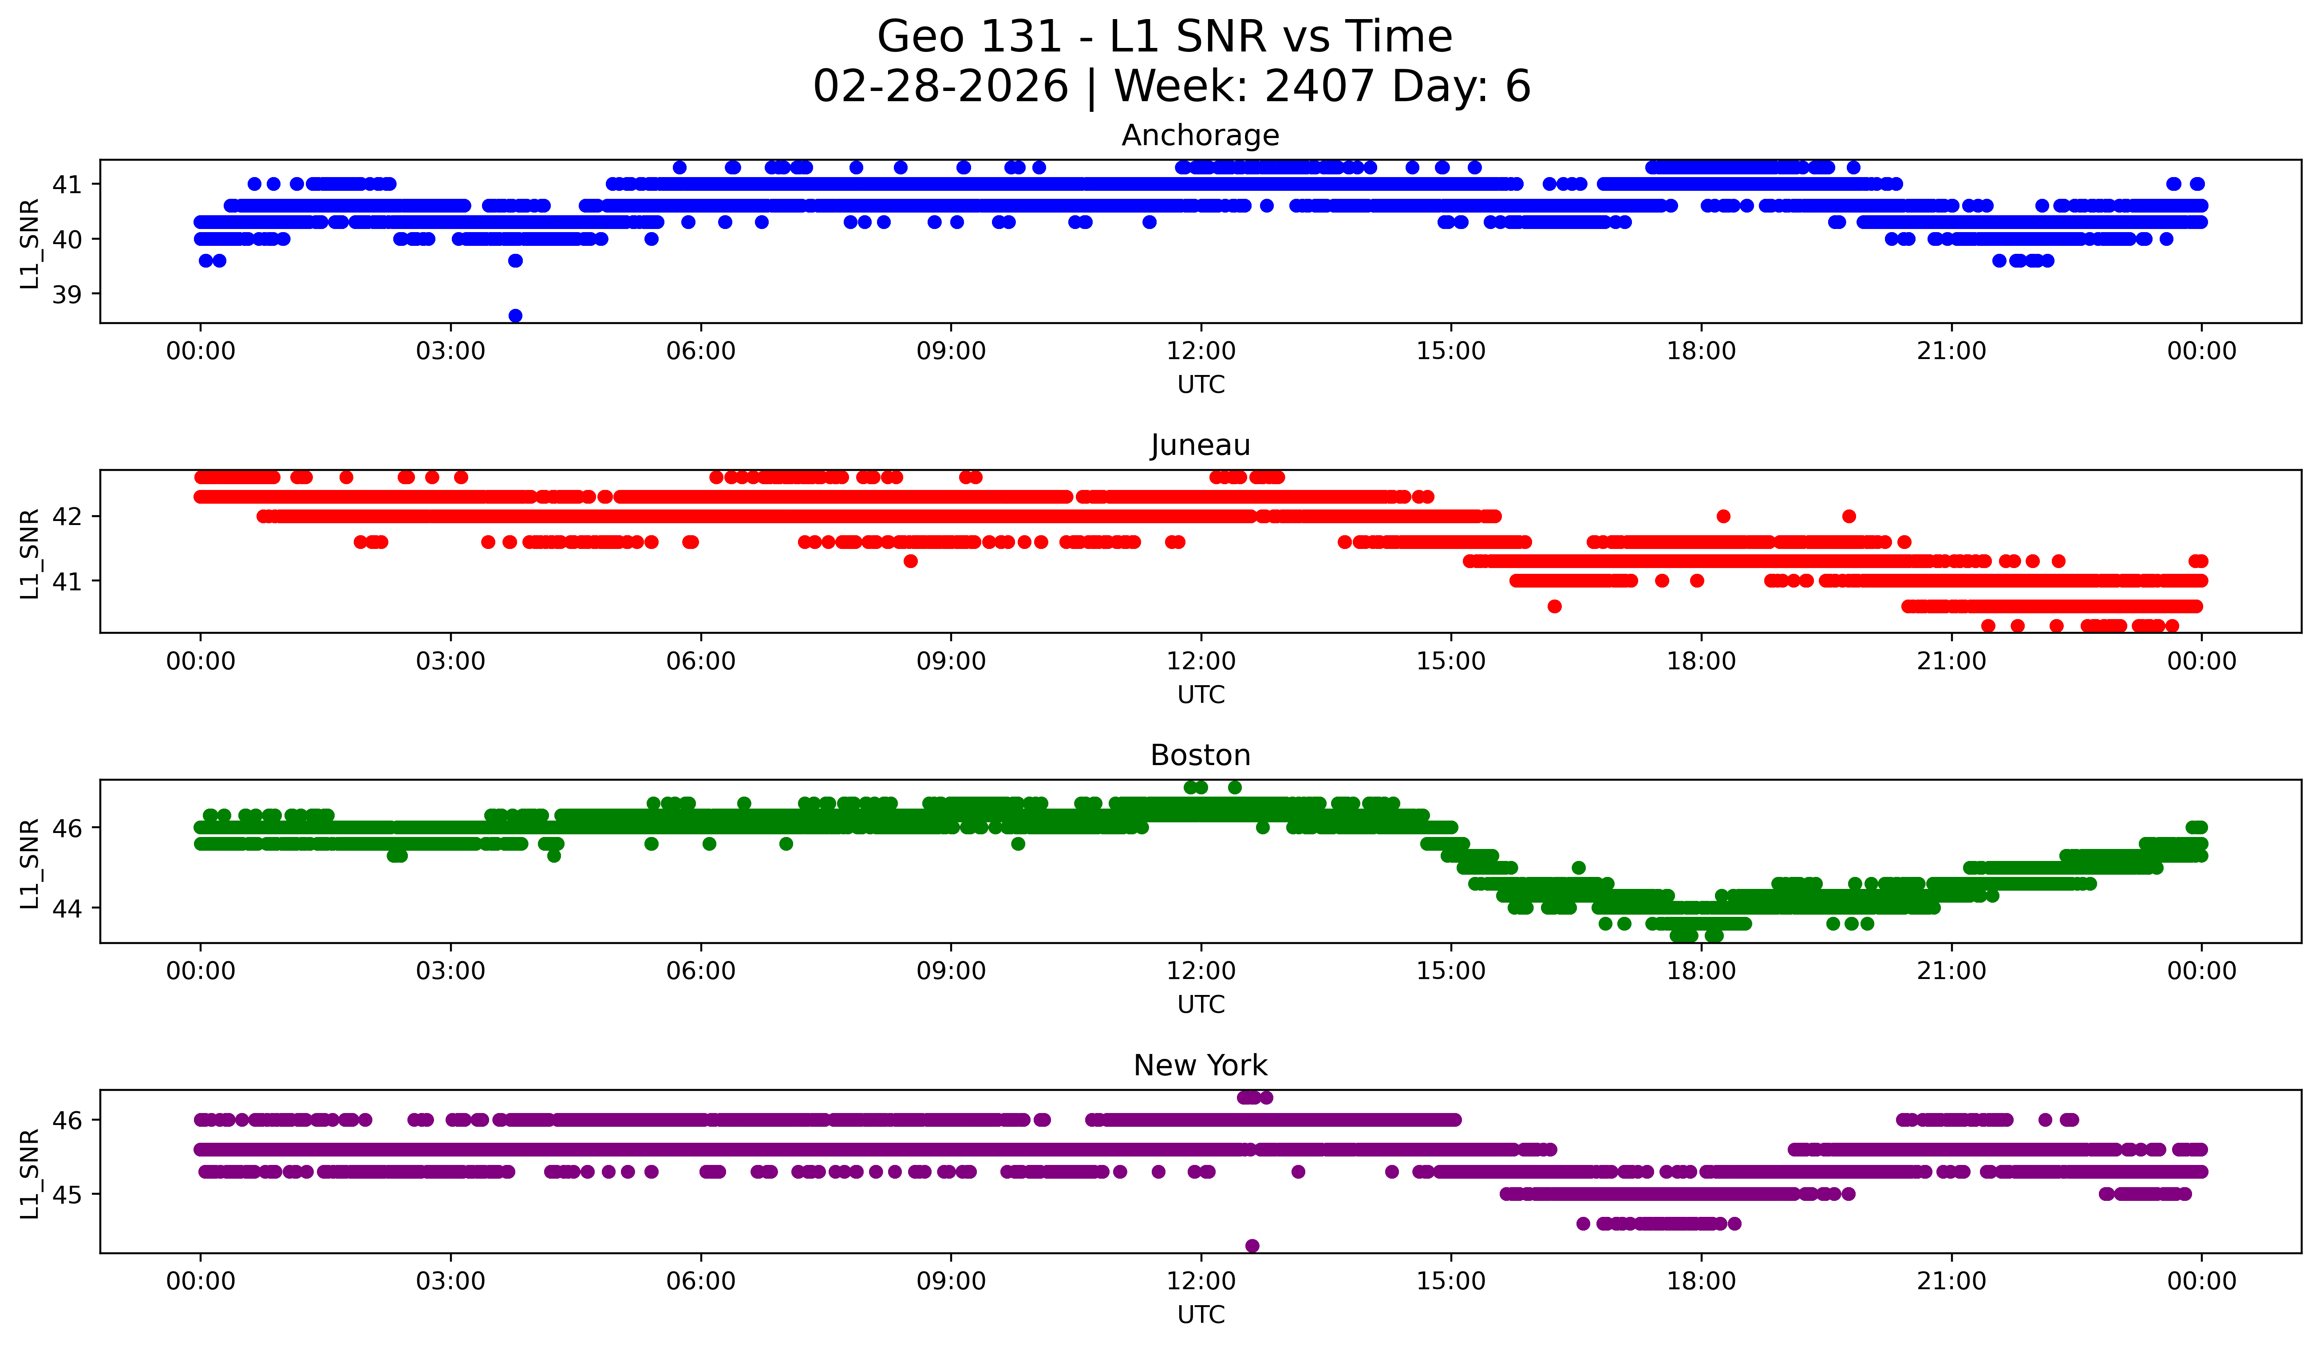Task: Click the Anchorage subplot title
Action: click(x=1200, y=135)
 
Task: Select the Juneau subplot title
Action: click(x=1200, y=445)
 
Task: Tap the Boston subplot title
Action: click(x=1200, y=755)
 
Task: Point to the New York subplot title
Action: click(x=1200, y=1066)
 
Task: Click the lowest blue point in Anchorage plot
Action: click(x=515, y=316)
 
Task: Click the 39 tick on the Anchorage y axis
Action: click(x=66, y=294)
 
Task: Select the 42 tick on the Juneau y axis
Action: click(x=66, y=516)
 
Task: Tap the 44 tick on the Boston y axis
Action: click(x=66, y=908)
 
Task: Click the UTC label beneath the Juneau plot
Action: click(x=1201, y=695)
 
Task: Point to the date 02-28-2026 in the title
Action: click(x=940, y=87)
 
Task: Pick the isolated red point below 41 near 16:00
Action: click(x=1554, y=606)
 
